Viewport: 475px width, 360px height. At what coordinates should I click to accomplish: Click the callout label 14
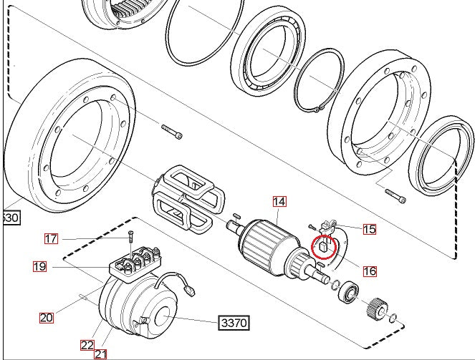coord(279,203)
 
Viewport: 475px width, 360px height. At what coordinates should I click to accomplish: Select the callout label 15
coord(369,229)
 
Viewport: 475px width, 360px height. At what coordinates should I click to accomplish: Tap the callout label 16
coord(370,271)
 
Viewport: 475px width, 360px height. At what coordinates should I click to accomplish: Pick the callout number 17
coord(51,238)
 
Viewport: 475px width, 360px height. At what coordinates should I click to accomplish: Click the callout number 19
coord(39,267)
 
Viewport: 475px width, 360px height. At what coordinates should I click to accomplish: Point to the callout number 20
coord(47,317)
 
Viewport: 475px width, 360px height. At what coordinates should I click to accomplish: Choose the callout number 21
coord(101,353)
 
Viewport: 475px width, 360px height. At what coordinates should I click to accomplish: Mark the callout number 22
coord(87,344)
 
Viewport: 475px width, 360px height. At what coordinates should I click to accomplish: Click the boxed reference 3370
coord(233,323)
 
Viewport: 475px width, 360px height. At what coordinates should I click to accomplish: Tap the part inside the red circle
coord(323,248)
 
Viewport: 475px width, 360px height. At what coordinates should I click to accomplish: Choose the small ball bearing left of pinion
coord(350,292)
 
